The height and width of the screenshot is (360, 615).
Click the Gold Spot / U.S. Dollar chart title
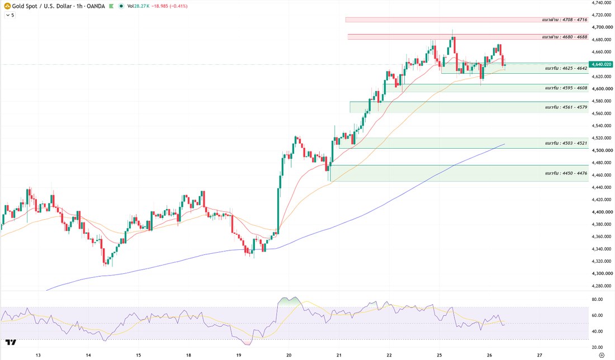(x=59, y=6)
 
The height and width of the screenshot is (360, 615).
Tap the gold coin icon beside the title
(x=7, y=6)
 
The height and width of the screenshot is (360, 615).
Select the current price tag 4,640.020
(x=602, y=64)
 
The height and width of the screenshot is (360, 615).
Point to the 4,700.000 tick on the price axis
(x=602, y=27)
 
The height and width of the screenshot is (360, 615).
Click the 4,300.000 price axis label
(x=602, y=273)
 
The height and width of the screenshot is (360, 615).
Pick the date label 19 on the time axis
(x=239, y=356)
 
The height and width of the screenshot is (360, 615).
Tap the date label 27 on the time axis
(x=540, y=356)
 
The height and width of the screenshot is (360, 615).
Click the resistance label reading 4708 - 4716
(x=565, y=20)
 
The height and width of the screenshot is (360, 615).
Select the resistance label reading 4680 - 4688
(x=565, y=37)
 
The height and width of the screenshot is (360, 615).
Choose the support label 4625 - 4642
(x=566, y=68)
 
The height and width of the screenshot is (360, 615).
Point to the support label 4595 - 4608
(x=566, y=88)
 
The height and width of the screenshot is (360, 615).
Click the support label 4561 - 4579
(x=566, y=107)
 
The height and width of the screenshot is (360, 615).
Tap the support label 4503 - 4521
(x=566, y=143)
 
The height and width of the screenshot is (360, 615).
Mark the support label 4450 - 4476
(x=566, y=173)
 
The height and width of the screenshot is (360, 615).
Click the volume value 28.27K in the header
(x=141, y=6)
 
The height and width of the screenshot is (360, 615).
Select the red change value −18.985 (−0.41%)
(x=169, y=6)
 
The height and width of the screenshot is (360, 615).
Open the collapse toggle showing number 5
(x=10, y=15)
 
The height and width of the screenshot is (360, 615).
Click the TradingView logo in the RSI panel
(x=11, y=342)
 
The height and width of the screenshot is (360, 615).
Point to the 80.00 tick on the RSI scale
(x=597, y=299)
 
